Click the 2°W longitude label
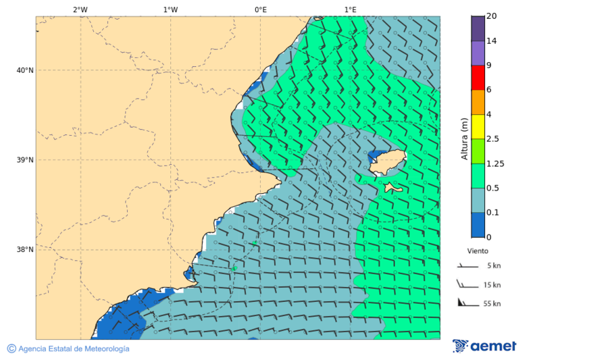(80, 9)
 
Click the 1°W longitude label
(170, 9)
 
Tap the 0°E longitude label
(261, 9)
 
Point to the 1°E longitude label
(351, 9)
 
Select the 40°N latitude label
(25, 70)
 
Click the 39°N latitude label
(25, 160)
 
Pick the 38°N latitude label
(25, 250)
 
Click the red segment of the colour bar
(478, 77)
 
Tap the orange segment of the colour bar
(478, 102)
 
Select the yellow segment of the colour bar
(478, 126)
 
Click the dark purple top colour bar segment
(478, 28)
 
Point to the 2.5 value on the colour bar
(492, 139)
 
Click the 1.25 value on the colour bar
(495, 163)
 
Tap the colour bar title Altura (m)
(464, 138)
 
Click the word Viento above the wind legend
(478, 251)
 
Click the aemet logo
(484, 346)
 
